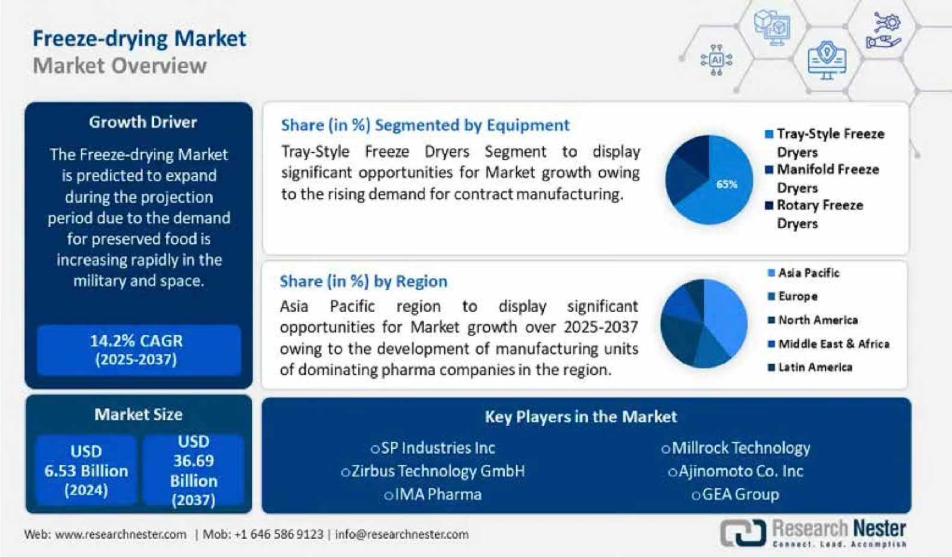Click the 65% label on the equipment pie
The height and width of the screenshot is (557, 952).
(727, 184)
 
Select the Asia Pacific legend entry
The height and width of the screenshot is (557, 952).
(804, 272)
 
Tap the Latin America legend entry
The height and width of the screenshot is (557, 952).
(810, 367)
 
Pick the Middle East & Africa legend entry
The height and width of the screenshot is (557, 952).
(828, 344)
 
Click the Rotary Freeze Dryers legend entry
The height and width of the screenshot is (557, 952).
(814, 215)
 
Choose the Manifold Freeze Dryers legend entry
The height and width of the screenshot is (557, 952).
(822, 179)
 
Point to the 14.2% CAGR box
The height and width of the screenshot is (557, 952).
(139, 350)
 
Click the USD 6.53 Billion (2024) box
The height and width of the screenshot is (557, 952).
(87, 470)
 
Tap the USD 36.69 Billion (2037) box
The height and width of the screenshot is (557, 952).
(194, 470)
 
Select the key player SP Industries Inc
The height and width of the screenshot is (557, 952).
(433, 448)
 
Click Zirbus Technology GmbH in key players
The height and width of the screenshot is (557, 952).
(433, 471)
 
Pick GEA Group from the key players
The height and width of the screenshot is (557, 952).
(736, 494)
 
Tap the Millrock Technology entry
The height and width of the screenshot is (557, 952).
(736, 448)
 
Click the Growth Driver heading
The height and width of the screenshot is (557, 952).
(143, 122)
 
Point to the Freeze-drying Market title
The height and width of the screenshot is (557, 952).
(139, 38)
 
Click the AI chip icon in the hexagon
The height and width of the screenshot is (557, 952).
(716, 60)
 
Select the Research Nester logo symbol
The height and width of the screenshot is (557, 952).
(743, 532)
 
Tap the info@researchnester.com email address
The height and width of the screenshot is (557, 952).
(401, 535)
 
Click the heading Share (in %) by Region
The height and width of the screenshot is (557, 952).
(364, 282)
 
